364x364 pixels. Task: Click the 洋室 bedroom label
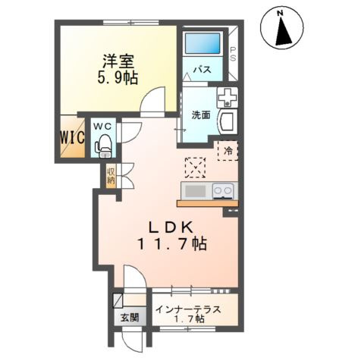tap(118, 61)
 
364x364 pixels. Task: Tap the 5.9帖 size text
tap(118, 78)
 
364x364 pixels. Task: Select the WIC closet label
tap(72, 138)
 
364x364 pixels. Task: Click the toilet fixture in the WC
tap(103, 146)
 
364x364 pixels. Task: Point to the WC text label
tap(102, 127)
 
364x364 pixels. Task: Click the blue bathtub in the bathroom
tap(202, 43)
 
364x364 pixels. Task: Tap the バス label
tap(202, 69)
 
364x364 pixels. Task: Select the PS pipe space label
tap(233, 55)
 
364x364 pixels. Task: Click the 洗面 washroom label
tap(201, 115)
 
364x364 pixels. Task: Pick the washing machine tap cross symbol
tap(227, 97)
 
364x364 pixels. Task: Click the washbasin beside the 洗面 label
tap(228, 122)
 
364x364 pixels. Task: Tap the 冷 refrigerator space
tap(227, 151)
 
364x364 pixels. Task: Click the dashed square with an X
tap(195, 168)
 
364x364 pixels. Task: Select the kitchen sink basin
tap(196, 191)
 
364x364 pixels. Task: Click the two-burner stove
tap(222, 191)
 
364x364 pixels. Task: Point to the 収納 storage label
tap(111, 176)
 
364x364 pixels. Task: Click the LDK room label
tap(171, 227)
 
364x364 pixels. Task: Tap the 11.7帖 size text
tap(172, 243)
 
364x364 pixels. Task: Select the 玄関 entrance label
tap(130, 318)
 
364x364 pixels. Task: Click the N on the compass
tap(280, 14)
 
